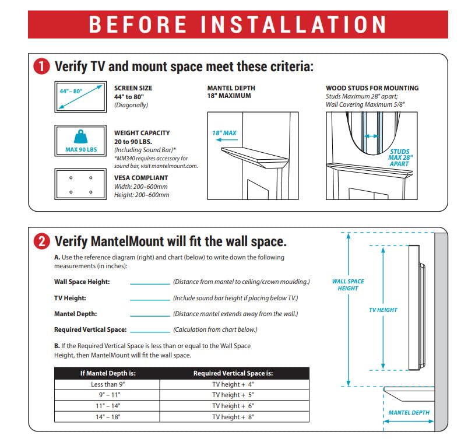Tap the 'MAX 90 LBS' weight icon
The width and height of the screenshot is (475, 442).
point(80,141)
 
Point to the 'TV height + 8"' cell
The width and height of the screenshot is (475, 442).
point(233,417)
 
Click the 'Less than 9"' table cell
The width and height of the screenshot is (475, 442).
point(107,384)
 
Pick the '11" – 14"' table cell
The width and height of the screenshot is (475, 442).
point(107,406)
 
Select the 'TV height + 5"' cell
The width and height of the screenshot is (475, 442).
point(233,395)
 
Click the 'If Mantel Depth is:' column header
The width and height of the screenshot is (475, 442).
point(107,373)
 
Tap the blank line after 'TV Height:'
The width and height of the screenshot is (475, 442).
point(149,299)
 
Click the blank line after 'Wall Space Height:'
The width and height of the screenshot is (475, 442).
point(149,283)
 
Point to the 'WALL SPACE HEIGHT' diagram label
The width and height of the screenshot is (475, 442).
point(348,285)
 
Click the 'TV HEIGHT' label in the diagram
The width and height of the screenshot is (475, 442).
point(383,310)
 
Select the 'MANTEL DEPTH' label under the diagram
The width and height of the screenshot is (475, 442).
point(409,412)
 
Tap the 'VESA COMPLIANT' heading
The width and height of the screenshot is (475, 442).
point(140,178)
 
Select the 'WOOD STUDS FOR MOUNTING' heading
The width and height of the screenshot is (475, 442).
point(372,88)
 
